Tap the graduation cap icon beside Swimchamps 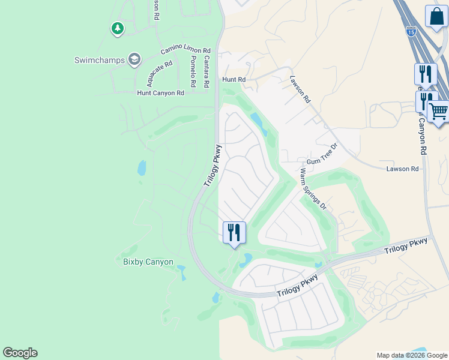click(x=134, y=59)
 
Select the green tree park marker click(x=117, y=28)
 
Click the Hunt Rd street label click(x=234, y=79)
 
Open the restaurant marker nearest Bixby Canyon click(x=234, y=232)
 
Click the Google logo click(x=20, y=353)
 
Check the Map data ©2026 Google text click(x=412, y=355)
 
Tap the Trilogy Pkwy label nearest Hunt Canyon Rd click(x=212, y=165)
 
